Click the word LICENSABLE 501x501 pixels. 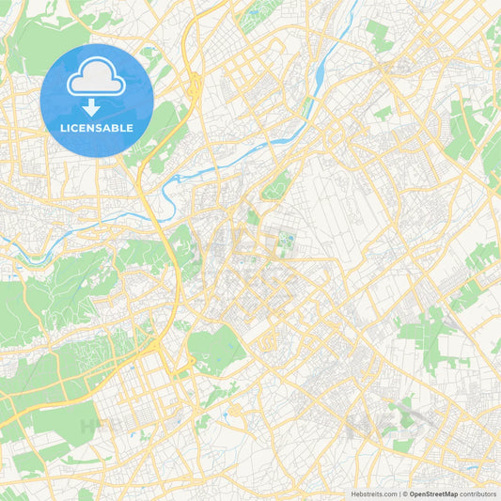click(97, 128)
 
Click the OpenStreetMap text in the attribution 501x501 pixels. click(433, 493)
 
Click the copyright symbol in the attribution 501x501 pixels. click(405, 493)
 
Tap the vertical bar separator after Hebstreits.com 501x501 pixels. click(399, 493)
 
